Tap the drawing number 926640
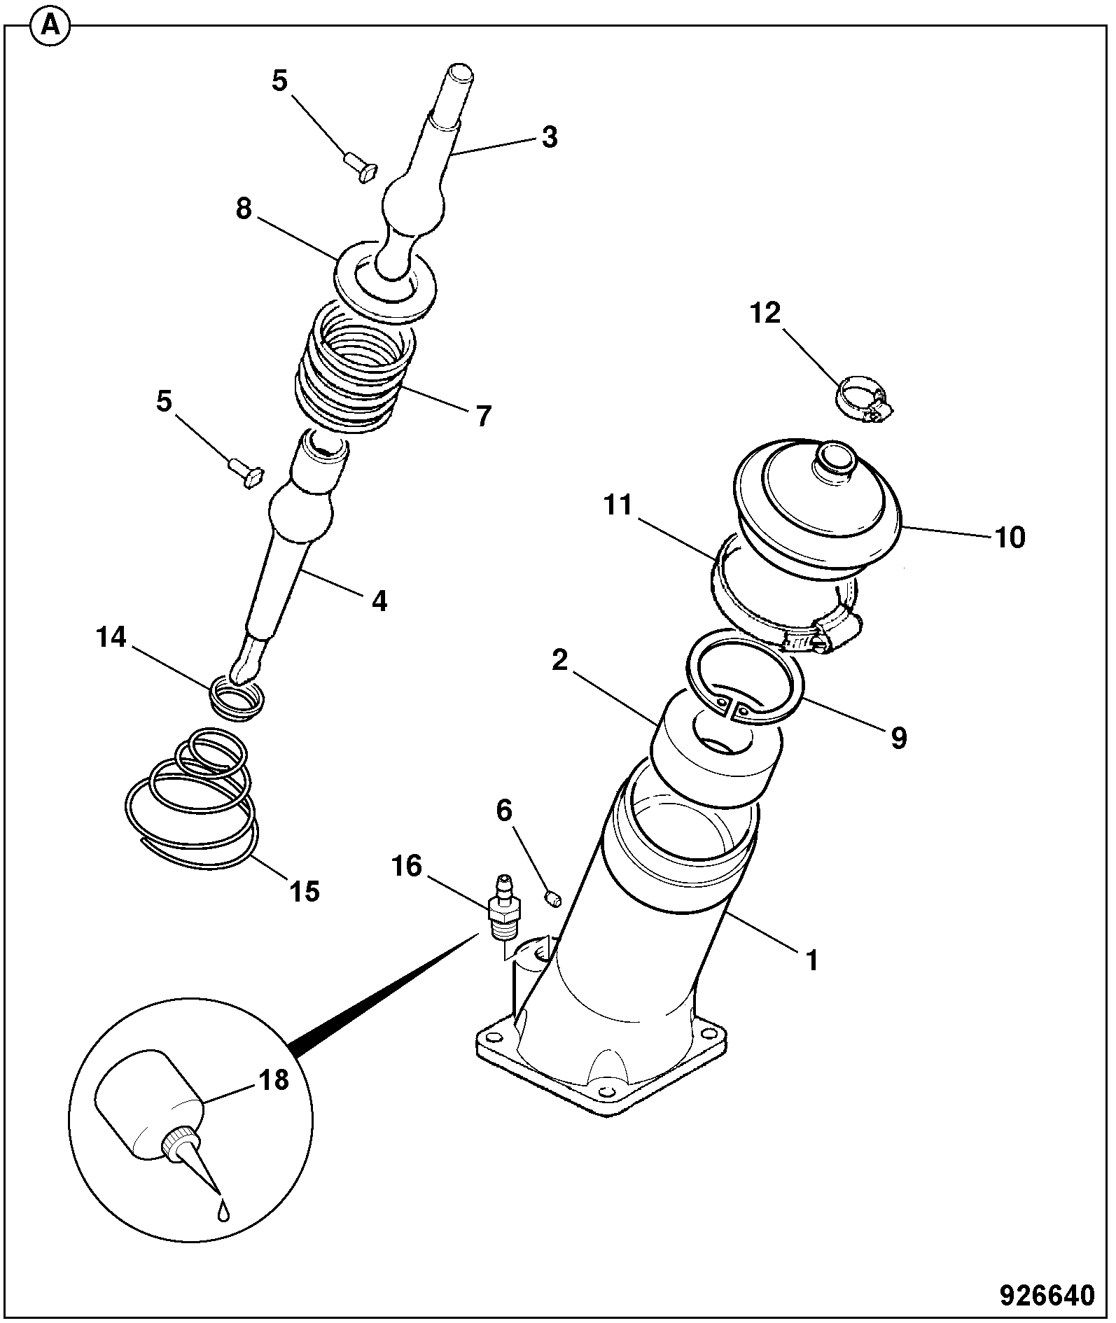point(1046,1294)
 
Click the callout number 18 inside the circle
point(274,1079)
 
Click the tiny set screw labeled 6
point(552,898)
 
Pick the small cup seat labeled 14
point(239,697)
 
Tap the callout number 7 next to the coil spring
point(483,416)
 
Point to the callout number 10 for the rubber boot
point(1009,538)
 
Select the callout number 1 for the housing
point(811,960)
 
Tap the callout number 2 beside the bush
point(559,659)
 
